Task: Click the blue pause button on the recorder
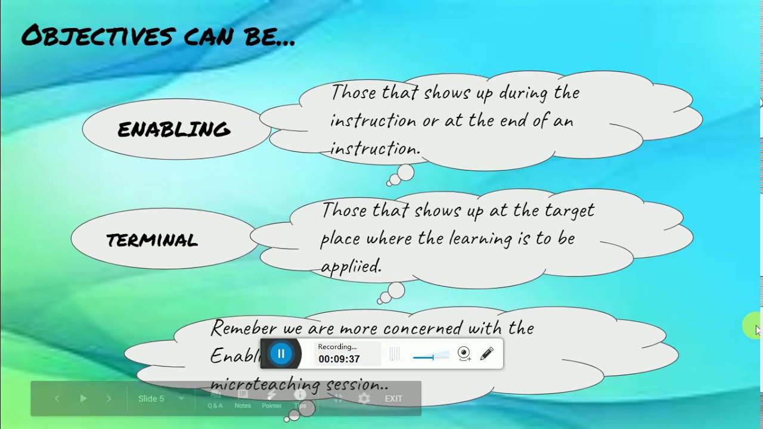pos(281,354)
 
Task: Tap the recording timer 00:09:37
pos(339,359)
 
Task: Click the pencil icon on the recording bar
pos(486,354)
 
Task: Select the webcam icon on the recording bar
pos(464,354)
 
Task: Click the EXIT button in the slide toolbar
pos(393,399)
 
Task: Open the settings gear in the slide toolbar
pos(364,399)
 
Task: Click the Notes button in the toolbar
pos(243,399)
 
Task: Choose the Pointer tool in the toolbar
pos(272,399)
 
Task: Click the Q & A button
pos(215,399)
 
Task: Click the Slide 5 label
pos(151,399)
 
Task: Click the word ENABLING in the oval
pos(174,130)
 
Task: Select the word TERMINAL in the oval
pos(152,241)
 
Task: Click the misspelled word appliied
pos(351,267)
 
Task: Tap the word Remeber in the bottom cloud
pos(244,328)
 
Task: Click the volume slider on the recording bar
pos(431,356)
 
